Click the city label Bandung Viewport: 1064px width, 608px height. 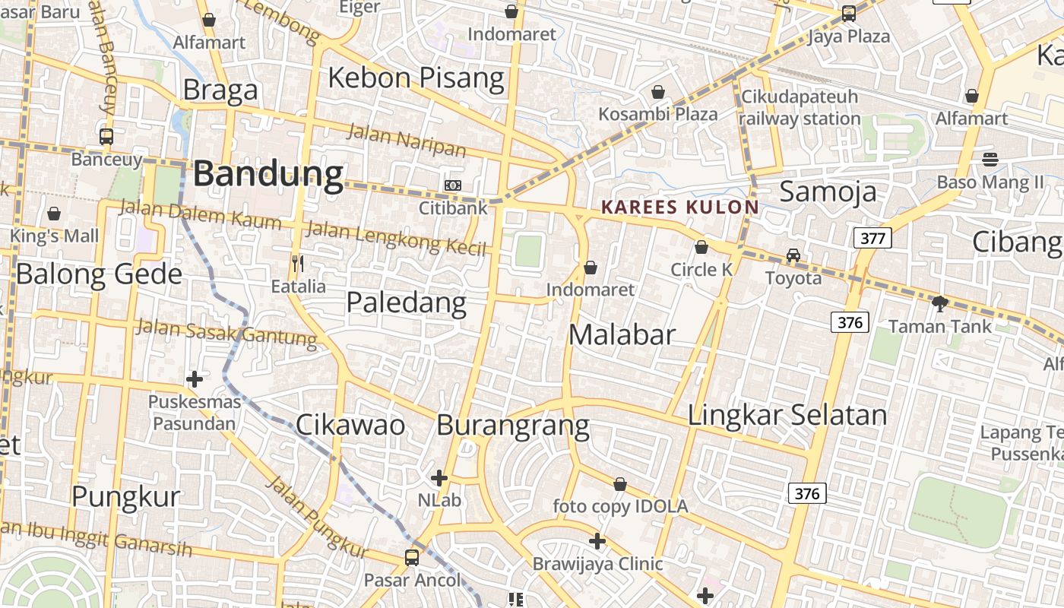tap(268, 174)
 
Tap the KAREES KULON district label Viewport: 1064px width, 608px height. tap(679, 207)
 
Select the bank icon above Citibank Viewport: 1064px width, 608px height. tap(452, 185)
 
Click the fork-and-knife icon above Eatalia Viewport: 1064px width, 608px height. tap(298, 264)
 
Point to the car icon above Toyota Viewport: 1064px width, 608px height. tap(793, 255)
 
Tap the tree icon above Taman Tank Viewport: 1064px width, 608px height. tap(940, 304)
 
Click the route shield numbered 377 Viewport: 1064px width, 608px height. tap(872, 239)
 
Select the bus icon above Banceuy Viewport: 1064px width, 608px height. tap(106, 137)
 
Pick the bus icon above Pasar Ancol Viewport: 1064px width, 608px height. tap(412, 558)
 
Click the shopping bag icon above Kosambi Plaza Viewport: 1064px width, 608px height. tap(658, 92)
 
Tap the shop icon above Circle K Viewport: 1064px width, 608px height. tap(701, 247)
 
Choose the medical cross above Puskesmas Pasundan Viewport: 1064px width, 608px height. tap(195, 378)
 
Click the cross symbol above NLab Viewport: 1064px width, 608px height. tap(439, 478)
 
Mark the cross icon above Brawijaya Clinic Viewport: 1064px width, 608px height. tap(597, 541)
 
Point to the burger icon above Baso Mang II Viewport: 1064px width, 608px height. tap(990, 160)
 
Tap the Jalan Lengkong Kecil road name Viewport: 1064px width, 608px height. tap(395, 236)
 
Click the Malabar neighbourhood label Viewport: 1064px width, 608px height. tap(622, 334)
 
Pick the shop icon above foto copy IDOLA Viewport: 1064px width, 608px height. tap(620, 484)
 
